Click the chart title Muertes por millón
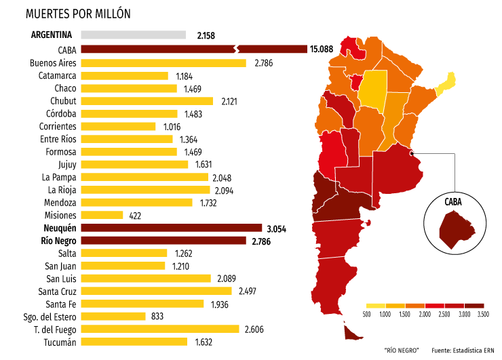pos(79,14)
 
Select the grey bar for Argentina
pos(133,35)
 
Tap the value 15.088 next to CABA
pos(321,49)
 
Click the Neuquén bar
pos(171,228)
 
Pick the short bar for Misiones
pos(102,215)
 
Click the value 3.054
pos(277,228)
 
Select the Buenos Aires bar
pos(163,63)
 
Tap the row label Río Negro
pos(58,241)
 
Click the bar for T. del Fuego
pos(160,329)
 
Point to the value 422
pos(136,216)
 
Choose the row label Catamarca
pos(58,75)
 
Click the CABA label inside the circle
pos(454,201)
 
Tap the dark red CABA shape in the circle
pos(453,228)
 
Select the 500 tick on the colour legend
pos(367,315)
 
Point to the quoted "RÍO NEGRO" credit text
pos(402,350)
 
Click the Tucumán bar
pos(134,342)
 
